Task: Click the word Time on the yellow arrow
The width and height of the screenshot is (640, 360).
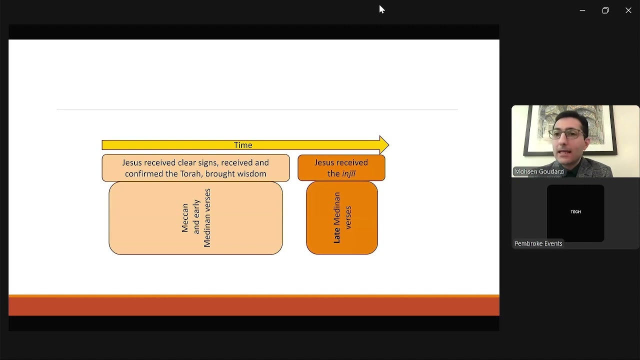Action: pyautogui.click(x=243, y=145)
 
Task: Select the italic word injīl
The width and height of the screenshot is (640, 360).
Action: pyautogui.click(x=348, y=173)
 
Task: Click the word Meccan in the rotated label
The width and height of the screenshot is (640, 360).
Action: pyautogui.click(x=185, y=217)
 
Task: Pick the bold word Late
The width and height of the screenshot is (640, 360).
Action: pyautogui.click(x=336, y=235)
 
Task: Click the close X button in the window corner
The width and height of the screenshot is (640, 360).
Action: pyautogui.click(x=628, y=10)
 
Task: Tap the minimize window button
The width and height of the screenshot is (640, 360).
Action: pyautogui.click(x=582, y=10)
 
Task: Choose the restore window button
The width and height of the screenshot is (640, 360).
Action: pyautogui.click(x=605, y=10)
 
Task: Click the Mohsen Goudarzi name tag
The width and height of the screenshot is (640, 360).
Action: pyautogui.click(x=539, y=171)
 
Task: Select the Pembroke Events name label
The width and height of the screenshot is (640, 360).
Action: pyautogui.click(x=538, y=243)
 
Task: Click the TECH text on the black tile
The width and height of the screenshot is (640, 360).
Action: pyautogui.click(x=575, y=211)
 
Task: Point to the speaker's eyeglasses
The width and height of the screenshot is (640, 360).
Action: pyautogui.click(x=567, y=134)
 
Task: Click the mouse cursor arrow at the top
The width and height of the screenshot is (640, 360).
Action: pyautogui.click(x=381, y=9)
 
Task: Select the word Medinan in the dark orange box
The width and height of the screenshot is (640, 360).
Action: pyautogui.click(x=336, y=208)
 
